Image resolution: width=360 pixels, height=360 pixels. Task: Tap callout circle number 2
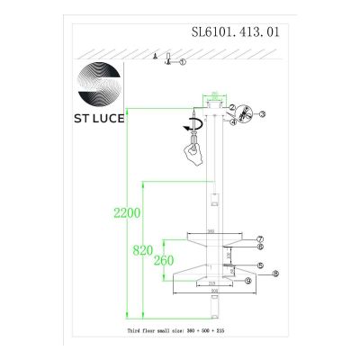coord(231,108)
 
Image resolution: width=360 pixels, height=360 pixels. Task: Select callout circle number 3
coord(265,115)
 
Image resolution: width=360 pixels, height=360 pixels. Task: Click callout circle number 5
coord(260,265)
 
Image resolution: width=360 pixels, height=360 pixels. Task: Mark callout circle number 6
coord(259,246)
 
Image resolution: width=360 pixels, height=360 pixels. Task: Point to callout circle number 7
coord(259,236)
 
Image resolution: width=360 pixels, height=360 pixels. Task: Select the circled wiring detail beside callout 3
coord(245,115)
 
